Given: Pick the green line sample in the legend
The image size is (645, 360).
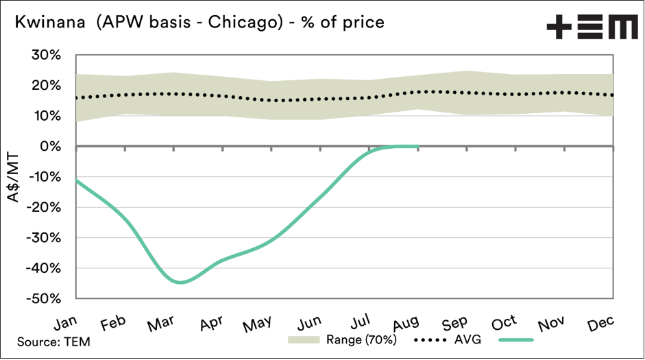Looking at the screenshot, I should point(516,339).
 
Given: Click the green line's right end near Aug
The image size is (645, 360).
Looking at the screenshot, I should point(417,146).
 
